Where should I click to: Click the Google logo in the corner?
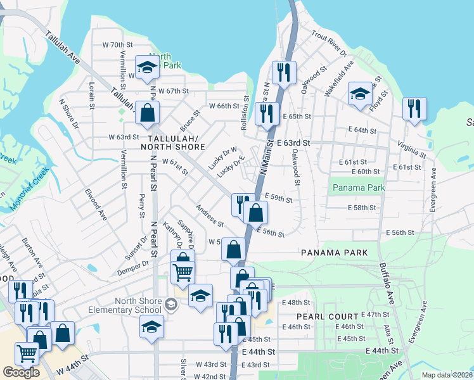click(21, 372)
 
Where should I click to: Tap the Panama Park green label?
click(359, 188)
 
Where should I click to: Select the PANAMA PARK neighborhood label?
click(335, 253)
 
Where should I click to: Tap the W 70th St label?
click(117, 45)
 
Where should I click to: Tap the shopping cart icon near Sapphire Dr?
click(183, 273)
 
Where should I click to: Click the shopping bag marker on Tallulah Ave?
click(147, 113)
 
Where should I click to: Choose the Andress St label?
click(210, 215)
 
